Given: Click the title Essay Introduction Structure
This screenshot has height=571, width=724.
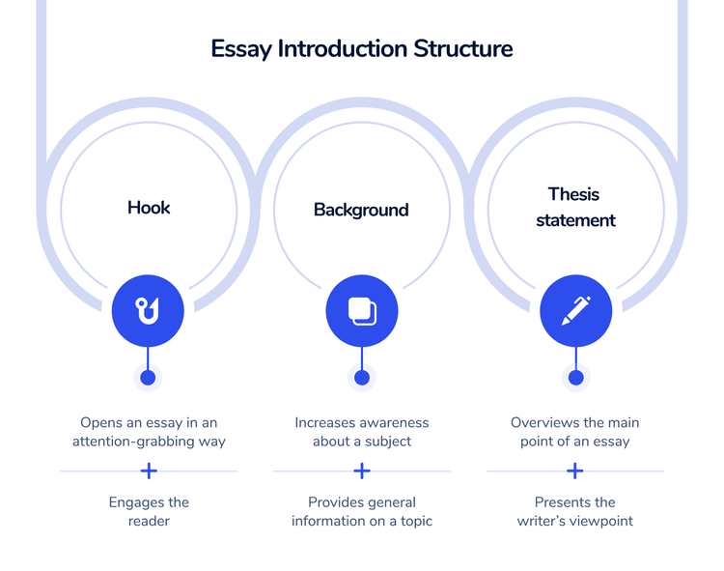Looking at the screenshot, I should point(362,48).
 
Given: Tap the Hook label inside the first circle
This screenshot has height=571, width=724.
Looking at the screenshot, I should point(149,207).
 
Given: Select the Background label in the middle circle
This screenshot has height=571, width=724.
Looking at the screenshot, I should point(361,210).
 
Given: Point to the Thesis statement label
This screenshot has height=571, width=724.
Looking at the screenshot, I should point(575,207).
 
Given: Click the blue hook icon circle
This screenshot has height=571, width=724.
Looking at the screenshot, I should point(148,310).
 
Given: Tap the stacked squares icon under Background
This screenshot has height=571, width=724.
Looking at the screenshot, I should point(362,310).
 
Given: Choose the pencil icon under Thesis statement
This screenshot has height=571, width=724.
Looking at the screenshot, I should point(576,310).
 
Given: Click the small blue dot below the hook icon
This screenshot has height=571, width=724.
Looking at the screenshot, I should point(148,378).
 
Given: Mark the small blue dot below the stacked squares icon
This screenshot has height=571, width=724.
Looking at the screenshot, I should point(362,378).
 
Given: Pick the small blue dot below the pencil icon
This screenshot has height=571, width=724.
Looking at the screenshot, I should point(576,378).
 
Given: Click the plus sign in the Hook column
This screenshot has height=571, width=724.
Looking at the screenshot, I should point(149,471).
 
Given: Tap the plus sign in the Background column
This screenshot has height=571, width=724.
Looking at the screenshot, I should point(362,471).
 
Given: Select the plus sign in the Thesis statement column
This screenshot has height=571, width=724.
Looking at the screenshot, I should point(575,471).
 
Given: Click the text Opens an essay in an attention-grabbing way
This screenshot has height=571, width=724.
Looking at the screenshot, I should point(149,432).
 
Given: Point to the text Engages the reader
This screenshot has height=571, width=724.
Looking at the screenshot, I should point(149,511).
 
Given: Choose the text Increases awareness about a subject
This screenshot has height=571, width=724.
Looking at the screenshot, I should point(362,432).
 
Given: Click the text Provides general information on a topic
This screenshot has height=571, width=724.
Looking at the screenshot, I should point(362,511).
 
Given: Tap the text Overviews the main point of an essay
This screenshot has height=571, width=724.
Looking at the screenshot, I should point(575,432).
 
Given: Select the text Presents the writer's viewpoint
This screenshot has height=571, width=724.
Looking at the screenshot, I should point(575,511).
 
